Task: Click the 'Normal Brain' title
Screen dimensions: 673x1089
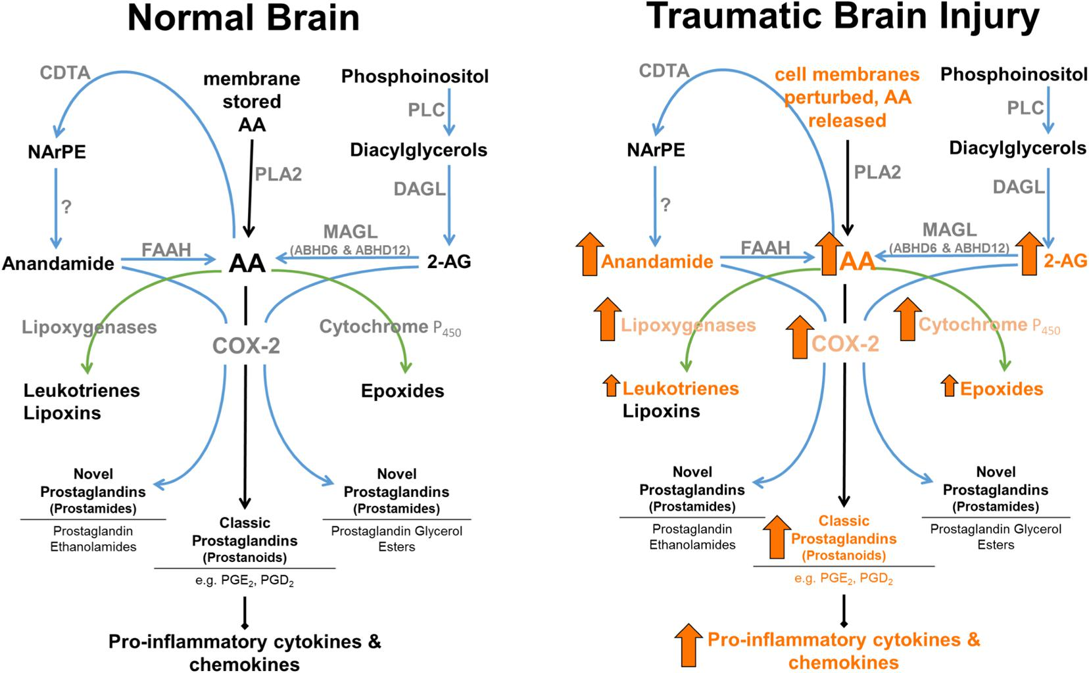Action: (x=243, y=18)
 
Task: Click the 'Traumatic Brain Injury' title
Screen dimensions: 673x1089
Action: (x=844, y=16)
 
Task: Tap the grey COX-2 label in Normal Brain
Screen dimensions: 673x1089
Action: (x=246, y=345)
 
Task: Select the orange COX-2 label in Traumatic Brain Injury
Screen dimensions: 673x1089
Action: (x=845, y=343)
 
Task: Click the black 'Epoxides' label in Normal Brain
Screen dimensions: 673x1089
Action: (x=402, y=391)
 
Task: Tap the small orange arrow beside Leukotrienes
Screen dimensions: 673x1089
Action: (x=612, y=385)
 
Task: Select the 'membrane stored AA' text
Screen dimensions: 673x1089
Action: (x=252, y=102)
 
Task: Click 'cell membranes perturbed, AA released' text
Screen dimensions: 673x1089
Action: (x=847, y=97)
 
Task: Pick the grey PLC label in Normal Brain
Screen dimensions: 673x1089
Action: (x=426, y=110)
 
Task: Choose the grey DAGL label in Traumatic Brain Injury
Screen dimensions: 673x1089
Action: (x=1018, y=187)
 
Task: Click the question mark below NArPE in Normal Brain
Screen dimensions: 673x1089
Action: (x=66, y=207)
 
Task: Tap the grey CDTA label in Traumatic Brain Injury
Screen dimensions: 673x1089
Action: (x=664, y=70)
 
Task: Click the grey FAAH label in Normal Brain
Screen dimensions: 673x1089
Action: (x=166, y=250)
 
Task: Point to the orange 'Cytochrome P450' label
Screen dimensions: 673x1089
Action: (x=989, y=325)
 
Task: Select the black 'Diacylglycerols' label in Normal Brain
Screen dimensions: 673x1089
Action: (x=418, y=151)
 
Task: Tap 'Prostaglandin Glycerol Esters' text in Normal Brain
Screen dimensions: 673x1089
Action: (x=397, y=538)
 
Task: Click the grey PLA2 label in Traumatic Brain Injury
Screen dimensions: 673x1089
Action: (x=877, y=172)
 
